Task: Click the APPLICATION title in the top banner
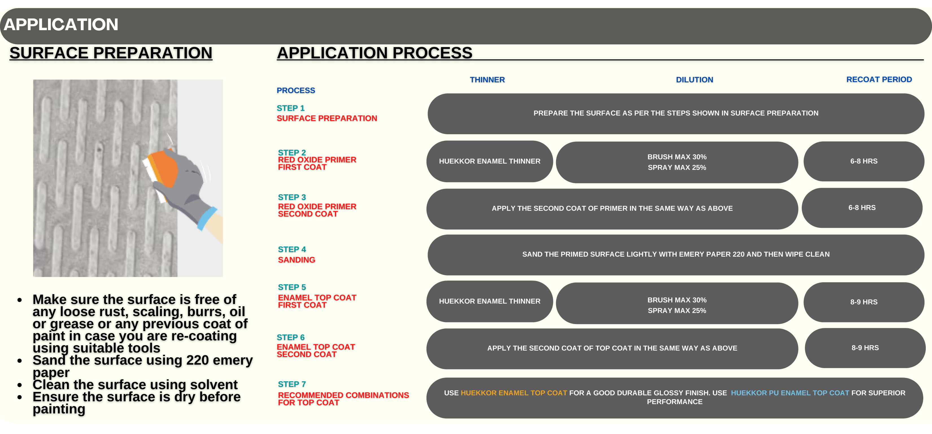tap(61, 25)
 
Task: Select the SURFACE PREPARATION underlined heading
tap(111, 53)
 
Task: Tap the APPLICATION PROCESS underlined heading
tap(374, 53)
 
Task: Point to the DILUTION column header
tap(694, 80)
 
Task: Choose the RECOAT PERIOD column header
tap(879, 80)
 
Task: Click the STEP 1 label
tap(291, 108)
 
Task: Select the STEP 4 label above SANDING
tap(292, 249)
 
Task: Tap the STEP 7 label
tap(292, 384)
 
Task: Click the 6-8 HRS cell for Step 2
tap(864, 161)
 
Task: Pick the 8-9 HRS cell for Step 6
tap(865, 348)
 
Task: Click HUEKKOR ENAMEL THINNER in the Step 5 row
tap(489, 301)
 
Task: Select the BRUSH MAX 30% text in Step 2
tap(677, 157)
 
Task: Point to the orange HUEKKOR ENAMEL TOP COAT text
tap(514, 393)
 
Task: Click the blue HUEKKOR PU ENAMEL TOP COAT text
tap(790, 393)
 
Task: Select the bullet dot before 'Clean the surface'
tap(19, 385)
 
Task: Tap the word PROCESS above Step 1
tap(296, 90)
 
